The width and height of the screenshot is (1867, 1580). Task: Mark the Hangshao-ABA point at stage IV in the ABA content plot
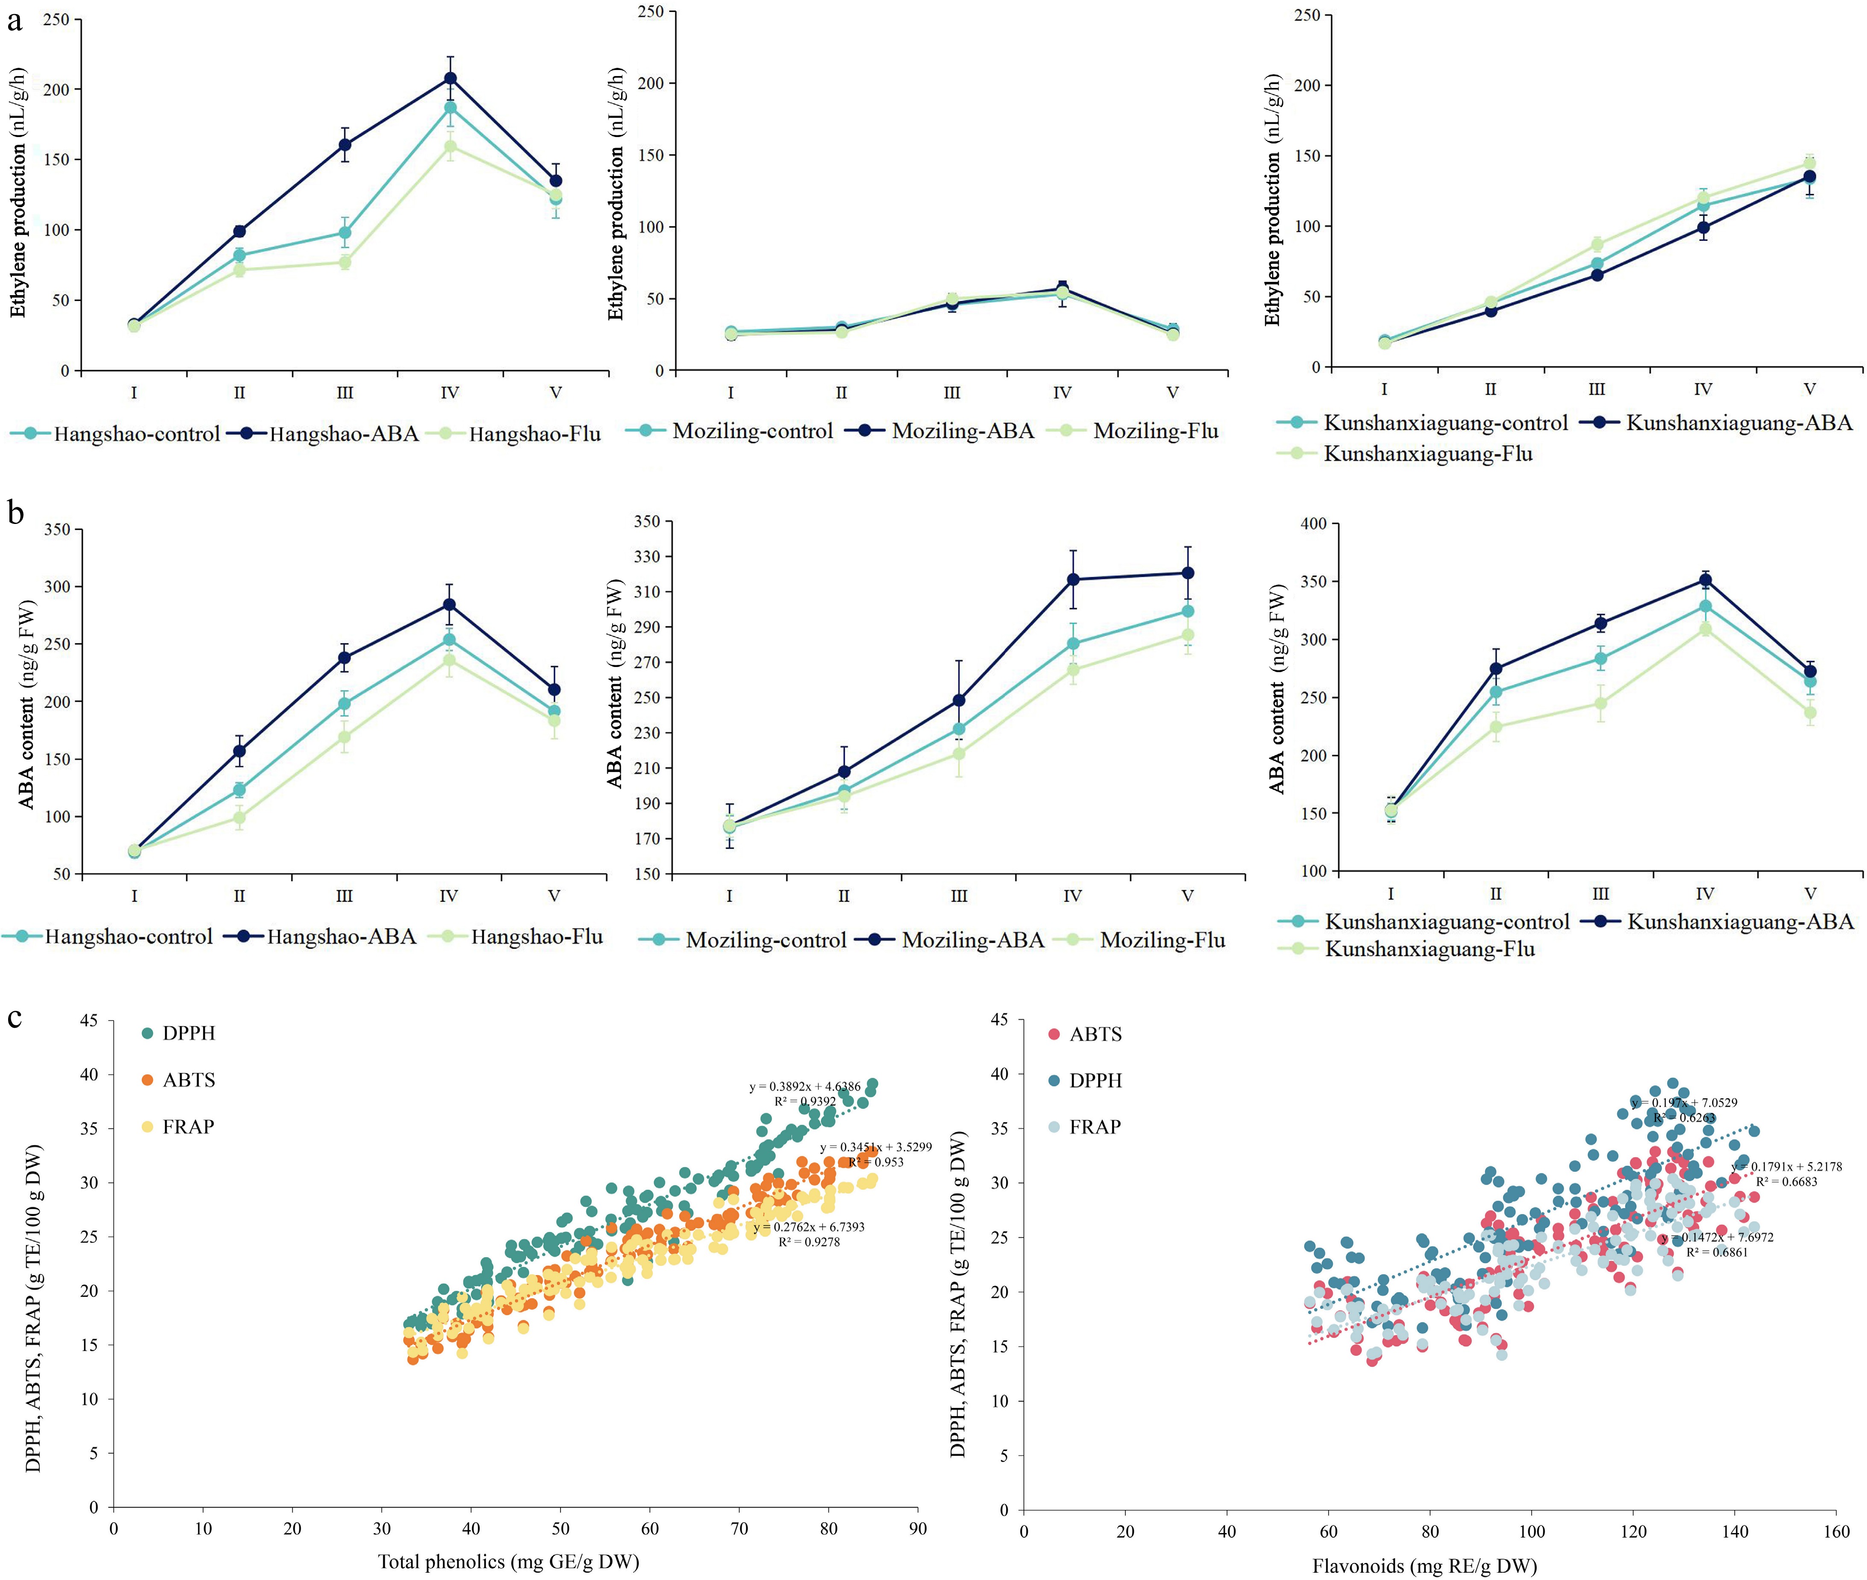click(x=449, y=605)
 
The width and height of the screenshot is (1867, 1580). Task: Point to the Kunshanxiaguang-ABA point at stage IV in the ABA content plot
click(x=1705, y=580)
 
